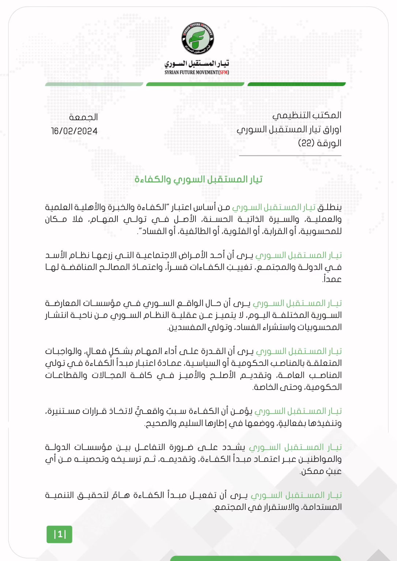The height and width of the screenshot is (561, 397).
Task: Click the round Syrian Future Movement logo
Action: coord(198,39)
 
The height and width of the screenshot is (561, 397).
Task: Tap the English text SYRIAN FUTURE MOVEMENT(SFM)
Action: coord(197,72)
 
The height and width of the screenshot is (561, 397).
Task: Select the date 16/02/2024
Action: coord(74,131)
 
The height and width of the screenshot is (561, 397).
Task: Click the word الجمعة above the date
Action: coord(83,117)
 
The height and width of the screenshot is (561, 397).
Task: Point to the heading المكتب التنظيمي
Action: coord(307,115)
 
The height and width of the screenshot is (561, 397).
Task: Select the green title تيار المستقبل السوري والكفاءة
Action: coord(198,179)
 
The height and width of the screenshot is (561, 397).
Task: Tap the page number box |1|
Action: coord(59,534)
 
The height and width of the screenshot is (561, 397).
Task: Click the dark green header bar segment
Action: coord(296,84)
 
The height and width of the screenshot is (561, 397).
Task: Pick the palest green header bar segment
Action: coord(94,84)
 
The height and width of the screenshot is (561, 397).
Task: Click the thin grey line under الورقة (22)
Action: coord(290,156)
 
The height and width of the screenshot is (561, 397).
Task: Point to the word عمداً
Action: coord(332,279)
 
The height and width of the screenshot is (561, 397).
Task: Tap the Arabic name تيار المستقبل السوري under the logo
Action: coord(197,64)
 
